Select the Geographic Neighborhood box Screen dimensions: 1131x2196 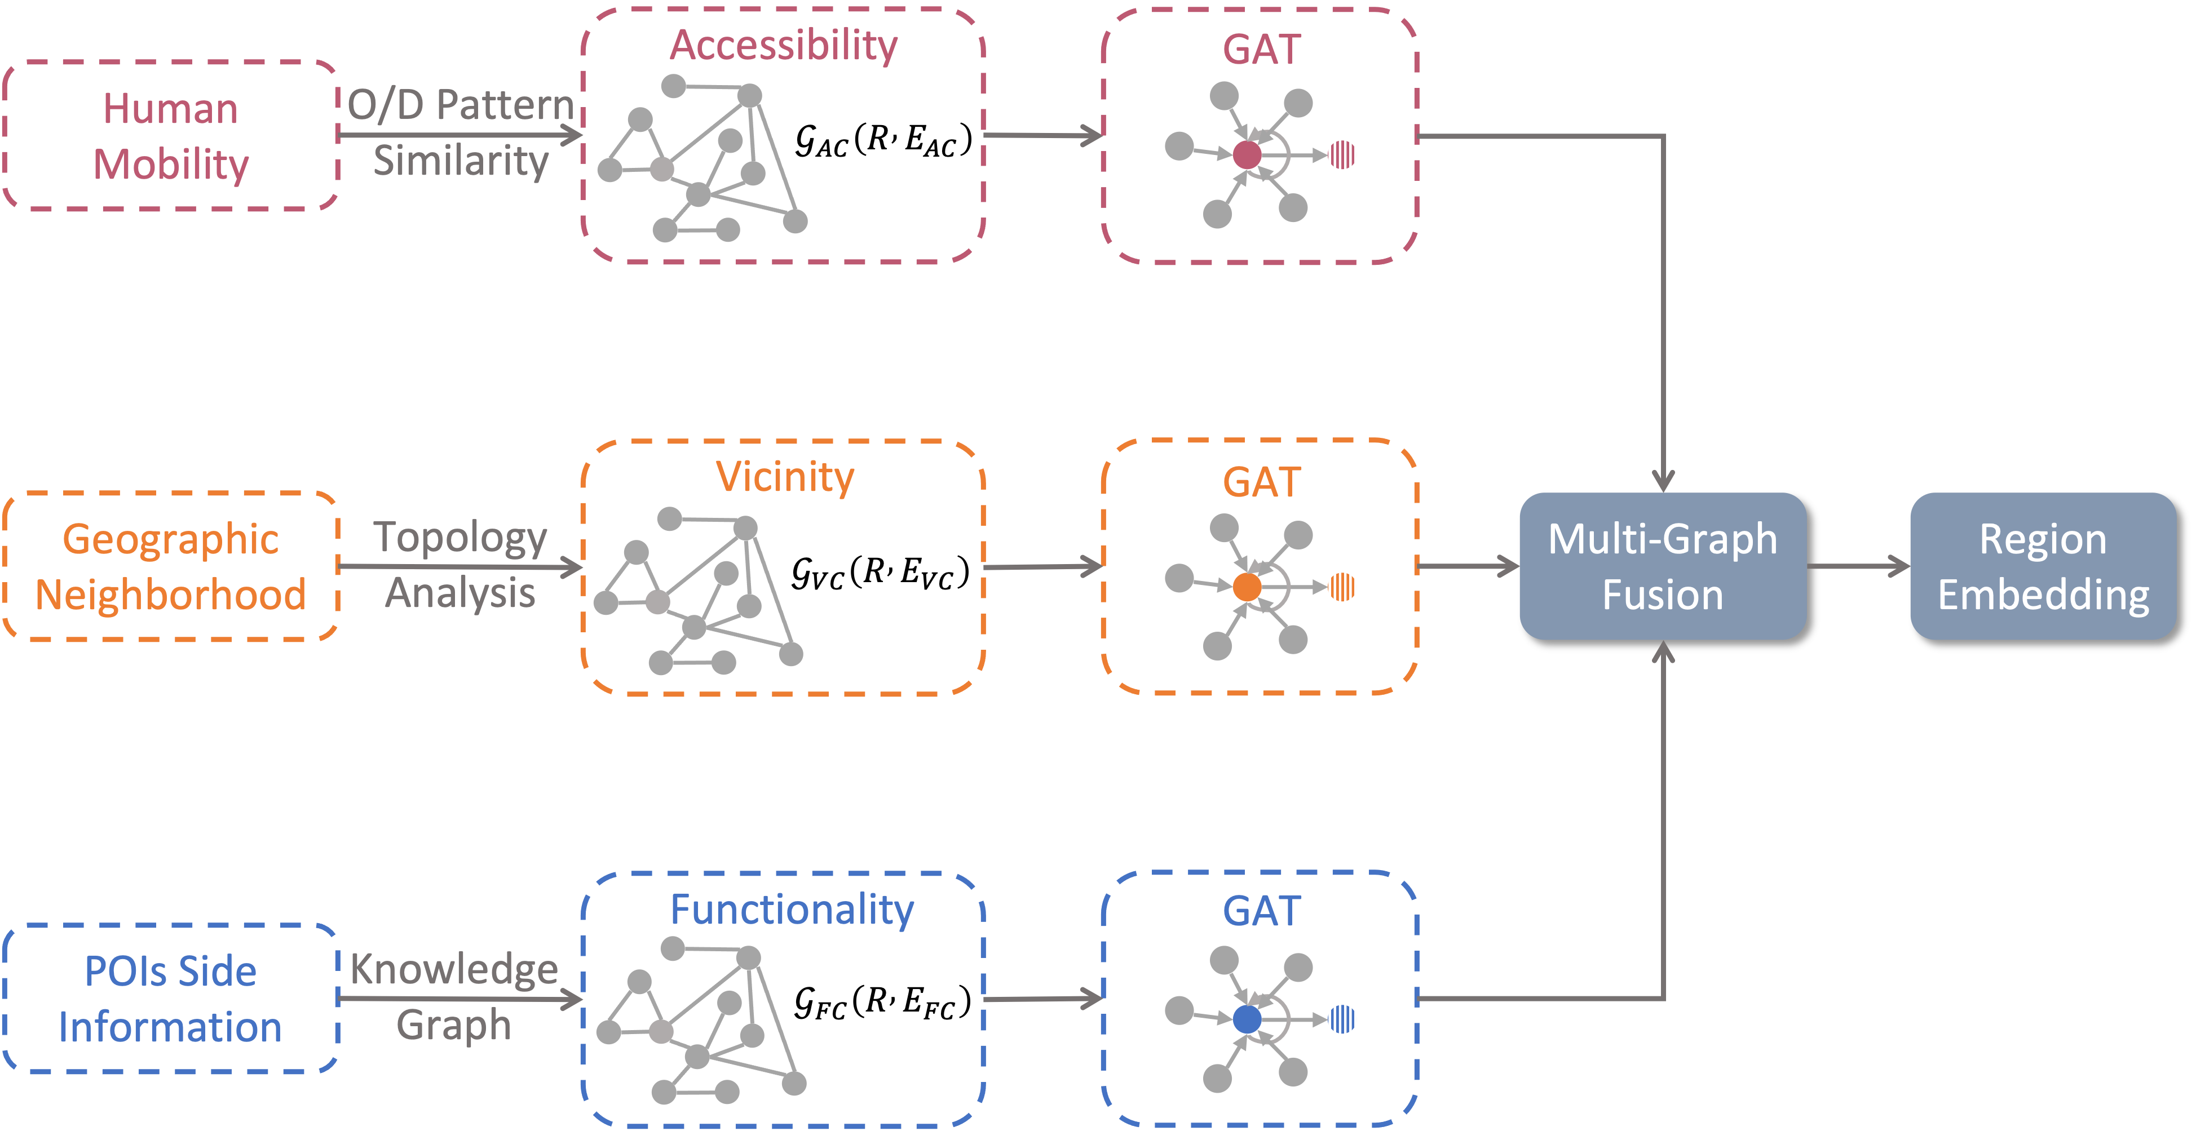(x=170, y=567)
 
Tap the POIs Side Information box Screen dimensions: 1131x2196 (x=170, y=999)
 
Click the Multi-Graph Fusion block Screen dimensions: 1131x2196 (x=1662, y=567)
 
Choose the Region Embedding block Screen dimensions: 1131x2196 (x=2043, y=567)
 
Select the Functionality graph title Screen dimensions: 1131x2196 (x=791, y=910)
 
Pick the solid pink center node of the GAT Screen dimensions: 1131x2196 (x=1247, y=155)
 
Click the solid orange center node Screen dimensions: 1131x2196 (x=1247, y=587)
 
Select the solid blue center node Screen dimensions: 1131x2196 (x=1247, y=1019)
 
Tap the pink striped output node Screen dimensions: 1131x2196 (x=1342, y=155)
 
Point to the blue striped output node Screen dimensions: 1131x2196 (x=1342, y=1019)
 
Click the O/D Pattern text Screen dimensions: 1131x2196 (x=460, y=105)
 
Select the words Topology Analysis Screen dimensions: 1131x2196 (x=460, y=565)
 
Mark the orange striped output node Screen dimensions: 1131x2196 (x=1342, y=587)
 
